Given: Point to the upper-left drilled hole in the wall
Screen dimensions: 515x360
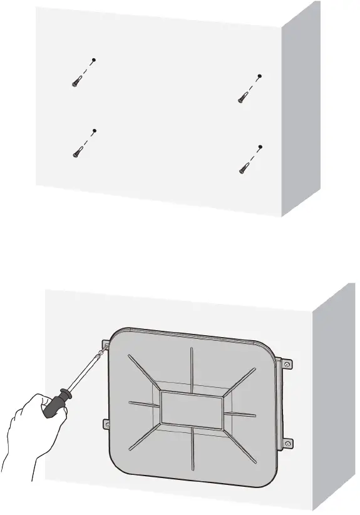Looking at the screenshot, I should (x=93, y=60).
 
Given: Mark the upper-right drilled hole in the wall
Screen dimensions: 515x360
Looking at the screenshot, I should (x=259, y=76).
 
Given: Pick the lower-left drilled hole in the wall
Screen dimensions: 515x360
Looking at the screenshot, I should (x=94, y=131).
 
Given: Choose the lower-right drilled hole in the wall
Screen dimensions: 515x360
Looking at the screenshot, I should (x=260, y=147).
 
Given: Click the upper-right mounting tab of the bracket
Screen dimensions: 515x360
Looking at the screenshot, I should (x=286, y=364).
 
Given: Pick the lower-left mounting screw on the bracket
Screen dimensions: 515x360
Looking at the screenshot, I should (x=106, y=425).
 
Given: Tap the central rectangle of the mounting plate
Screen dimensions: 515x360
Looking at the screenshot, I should (x=192, y=408).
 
